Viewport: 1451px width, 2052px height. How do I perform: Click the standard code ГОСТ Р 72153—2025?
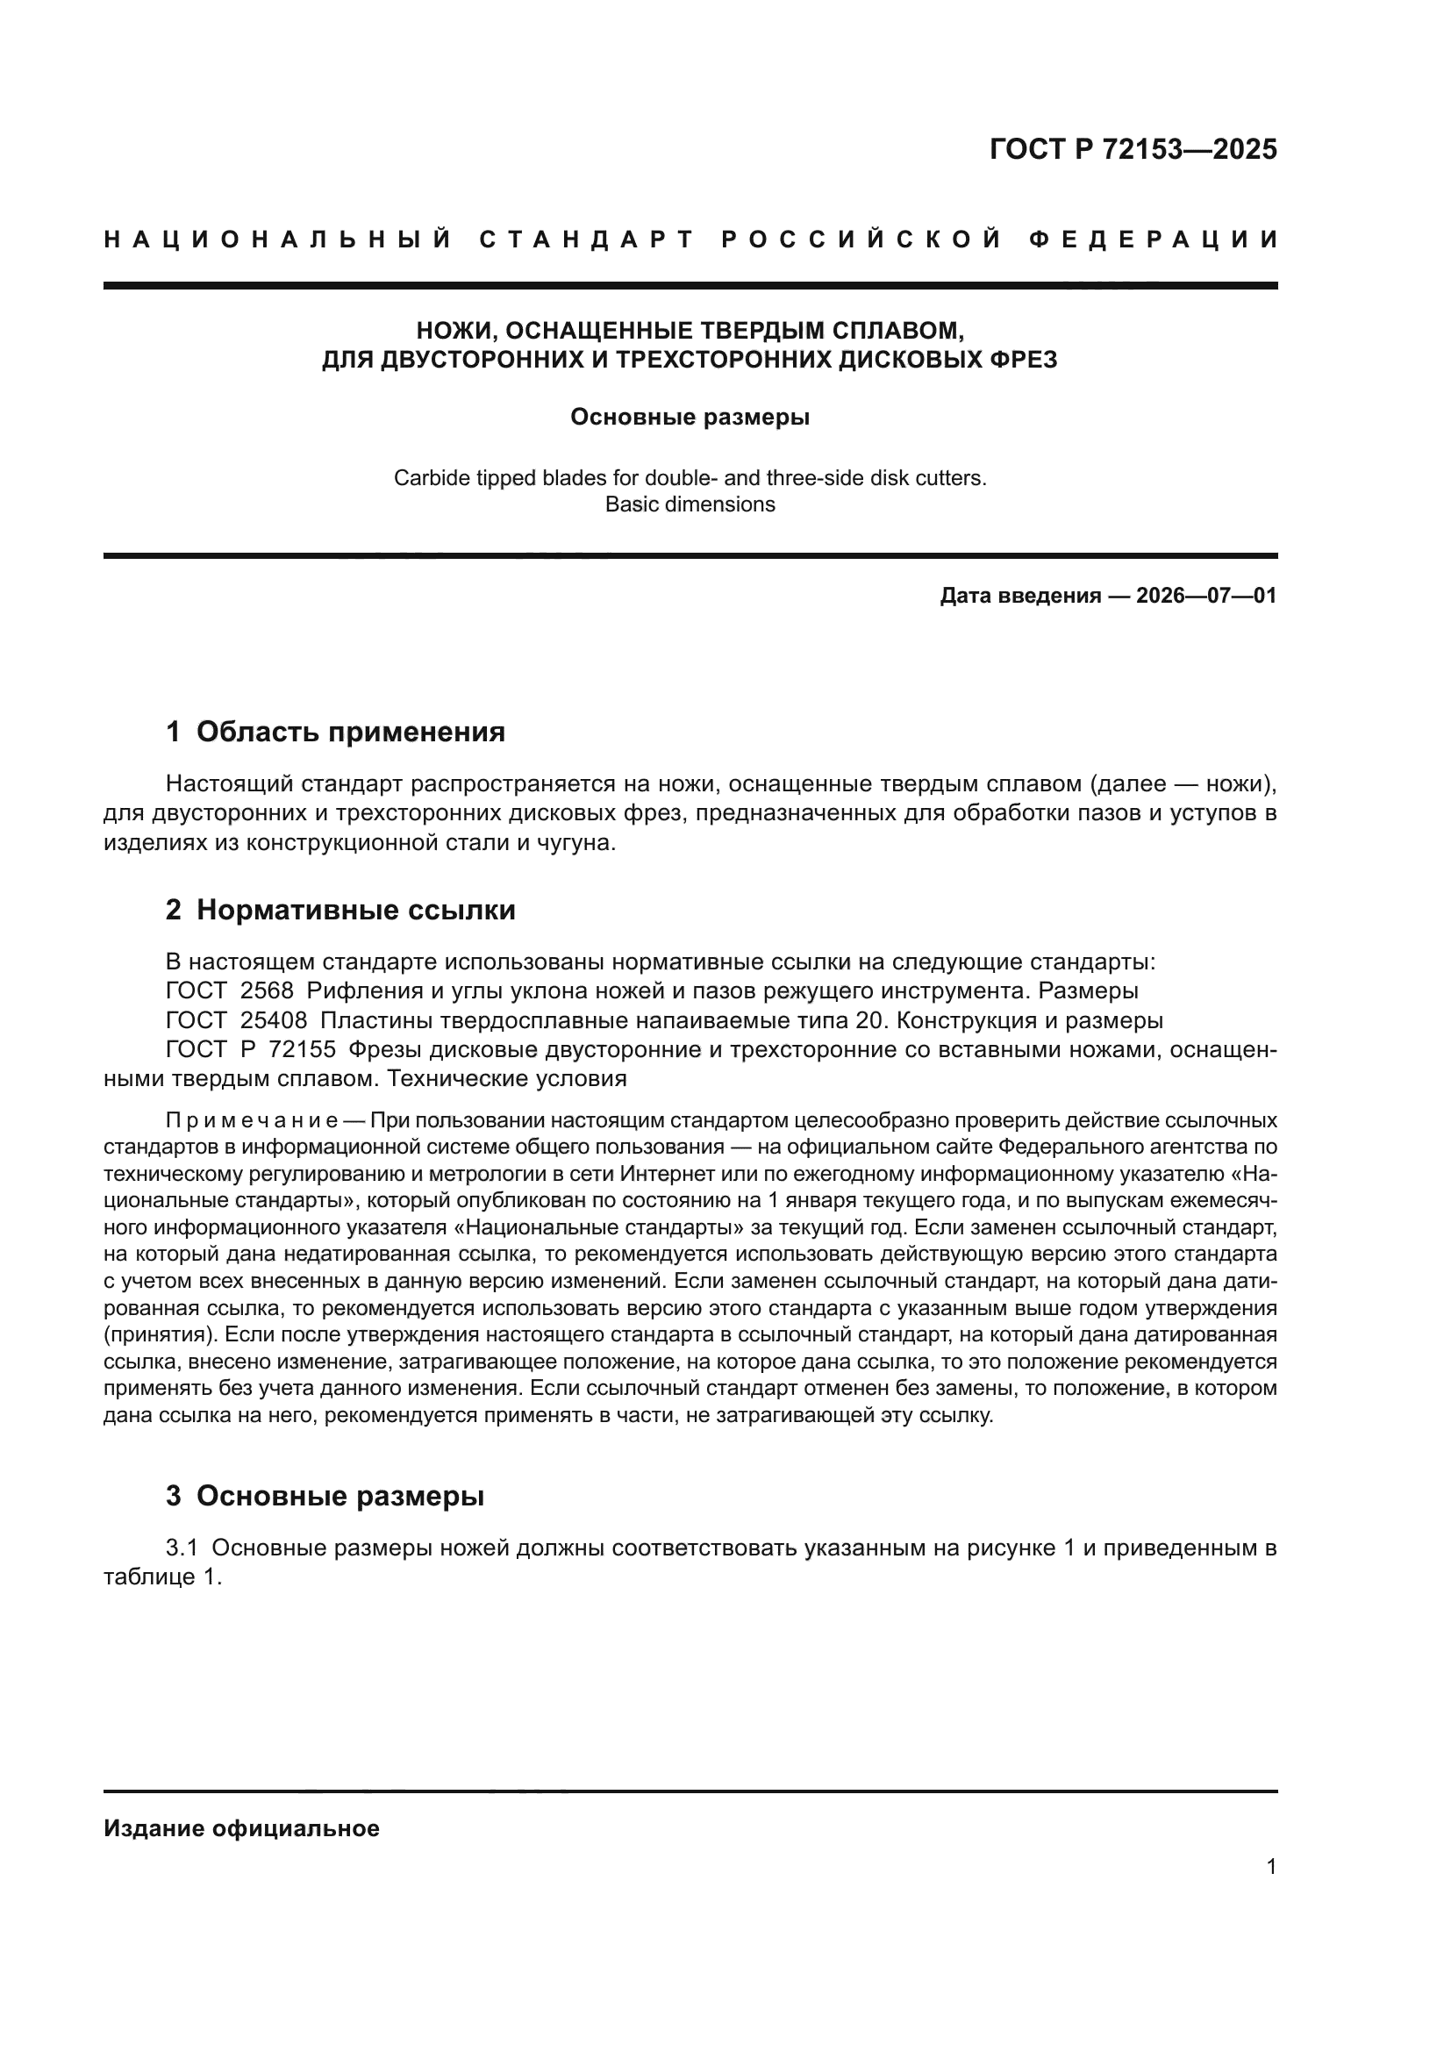coord(1132,148)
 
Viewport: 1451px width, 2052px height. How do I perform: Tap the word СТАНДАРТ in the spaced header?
coord(587,240)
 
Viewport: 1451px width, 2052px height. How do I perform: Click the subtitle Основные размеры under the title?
coord(690,418)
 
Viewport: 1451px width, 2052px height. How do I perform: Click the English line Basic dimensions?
coord(690,504)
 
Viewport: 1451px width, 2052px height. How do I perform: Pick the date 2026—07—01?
coord(1206,595)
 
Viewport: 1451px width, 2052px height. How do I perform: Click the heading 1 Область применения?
coord(335,732)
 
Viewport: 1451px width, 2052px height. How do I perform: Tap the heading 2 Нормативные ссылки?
coord(340,910)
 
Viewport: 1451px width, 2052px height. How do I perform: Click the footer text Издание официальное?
coord(241,1828)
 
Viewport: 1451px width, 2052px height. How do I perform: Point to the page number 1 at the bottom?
coord(1270,1867)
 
